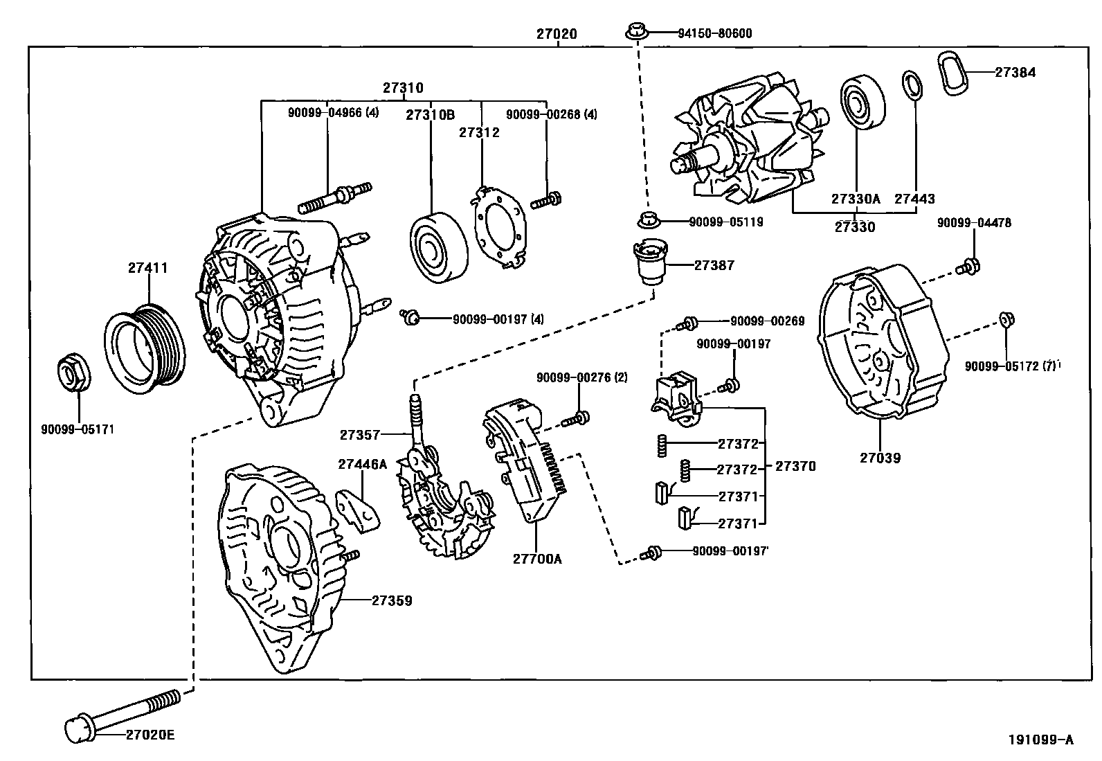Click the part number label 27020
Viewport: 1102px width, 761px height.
[x=556, y=33]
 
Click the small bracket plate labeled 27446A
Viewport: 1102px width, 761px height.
[x=358, y=510]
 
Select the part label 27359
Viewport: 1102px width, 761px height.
[x=391, y=600]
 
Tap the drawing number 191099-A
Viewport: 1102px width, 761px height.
[x=1040, y=740]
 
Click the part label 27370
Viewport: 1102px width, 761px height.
[x=795, y=467]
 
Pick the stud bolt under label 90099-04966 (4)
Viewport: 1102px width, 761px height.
[x=335, y=197]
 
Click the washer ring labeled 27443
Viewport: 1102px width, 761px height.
[x=912, y=85]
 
